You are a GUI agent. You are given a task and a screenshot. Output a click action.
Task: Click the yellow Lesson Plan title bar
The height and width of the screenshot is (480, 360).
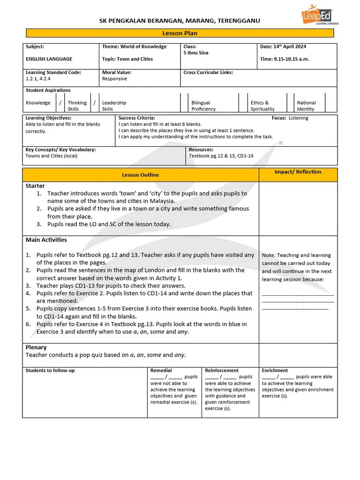coord(180,33)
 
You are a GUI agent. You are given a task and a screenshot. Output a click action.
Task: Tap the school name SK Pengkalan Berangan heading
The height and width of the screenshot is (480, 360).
coord(180,21)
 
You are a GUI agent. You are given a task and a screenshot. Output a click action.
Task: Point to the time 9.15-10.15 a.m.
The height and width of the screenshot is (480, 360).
coord(284,59)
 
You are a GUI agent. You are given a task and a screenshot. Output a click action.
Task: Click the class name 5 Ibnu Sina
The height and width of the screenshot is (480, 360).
coord(196,53)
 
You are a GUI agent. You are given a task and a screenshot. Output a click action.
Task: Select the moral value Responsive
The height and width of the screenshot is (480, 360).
coord(114,79)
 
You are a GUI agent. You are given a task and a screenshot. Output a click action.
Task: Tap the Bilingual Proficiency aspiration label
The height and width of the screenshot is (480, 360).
coord(203,106)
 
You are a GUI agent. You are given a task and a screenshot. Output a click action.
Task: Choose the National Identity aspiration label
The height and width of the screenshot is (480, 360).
coord(306,106)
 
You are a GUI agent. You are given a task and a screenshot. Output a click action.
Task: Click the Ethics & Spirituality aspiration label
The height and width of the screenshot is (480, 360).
coord(262,106)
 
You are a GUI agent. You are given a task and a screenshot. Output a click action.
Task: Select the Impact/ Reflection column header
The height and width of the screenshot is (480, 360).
coord(298,172)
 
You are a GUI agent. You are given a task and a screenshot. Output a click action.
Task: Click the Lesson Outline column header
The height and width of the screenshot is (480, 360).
coord(140,175)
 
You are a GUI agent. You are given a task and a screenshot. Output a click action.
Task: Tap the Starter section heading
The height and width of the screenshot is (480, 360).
coord(35,186)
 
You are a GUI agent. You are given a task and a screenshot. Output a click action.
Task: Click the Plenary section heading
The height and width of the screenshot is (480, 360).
coord(36,347)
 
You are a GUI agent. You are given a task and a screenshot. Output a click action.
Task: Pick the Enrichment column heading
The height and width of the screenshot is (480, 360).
coord(275,370)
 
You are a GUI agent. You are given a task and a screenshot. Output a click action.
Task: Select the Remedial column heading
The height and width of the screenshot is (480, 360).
coord(161,370)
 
